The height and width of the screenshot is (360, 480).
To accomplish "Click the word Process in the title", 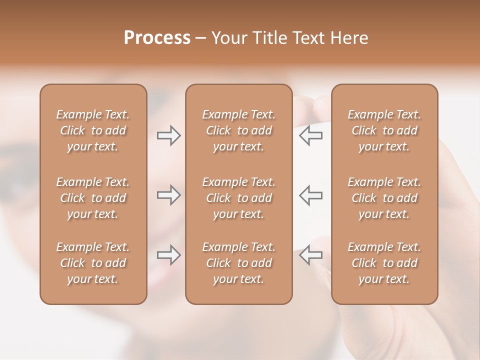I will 157,38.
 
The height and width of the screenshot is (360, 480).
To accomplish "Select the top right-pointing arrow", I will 168,135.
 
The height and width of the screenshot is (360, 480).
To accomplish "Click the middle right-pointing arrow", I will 168,195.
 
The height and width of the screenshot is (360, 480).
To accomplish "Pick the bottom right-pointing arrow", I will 168,255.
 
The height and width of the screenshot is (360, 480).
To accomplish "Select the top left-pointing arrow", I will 311,135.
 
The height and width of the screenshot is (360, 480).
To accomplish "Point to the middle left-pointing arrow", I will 311,195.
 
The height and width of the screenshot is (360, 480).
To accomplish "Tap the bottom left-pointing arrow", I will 311,255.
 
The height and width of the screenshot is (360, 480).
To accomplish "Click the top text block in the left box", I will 93,130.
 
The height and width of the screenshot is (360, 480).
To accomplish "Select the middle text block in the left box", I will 93,198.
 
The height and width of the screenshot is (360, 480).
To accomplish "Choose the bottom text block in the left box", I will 93,263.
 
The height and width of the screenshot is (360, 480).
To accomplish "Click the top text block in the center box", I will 238,130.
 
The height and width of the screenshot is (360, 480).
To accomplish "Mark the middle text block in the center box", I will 238,198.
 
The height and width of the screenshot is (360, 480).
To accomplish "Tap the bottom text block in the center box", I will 238,263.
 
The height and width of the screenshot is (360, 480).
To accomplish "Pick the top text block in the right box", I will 384,130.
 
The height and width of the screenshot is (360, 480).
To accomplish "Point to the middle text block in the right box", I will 384,198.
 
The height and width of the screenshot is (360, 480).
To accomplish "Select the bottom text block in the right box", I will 384,263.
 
